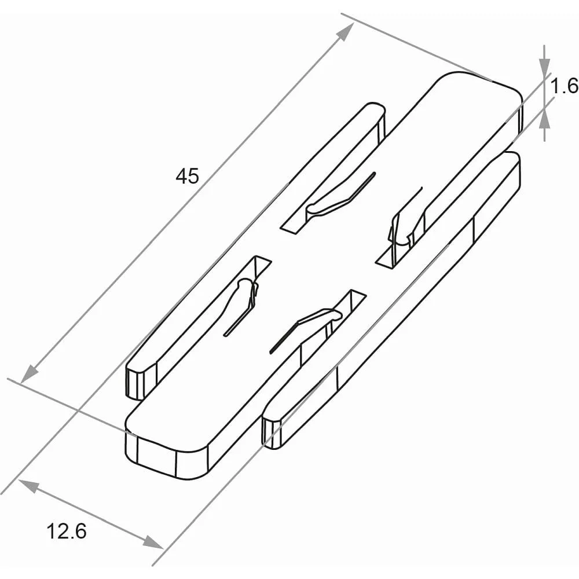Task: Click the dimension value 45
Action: click(x=187, y=176)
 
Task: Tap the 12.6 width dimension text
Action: click(x=67, y=532)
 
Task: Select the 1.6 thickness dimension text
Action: click(x=564, y=86)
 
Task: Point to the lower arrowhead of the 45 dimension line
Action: click(x=30, y=373)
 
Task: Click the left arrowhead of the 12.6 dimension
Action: click(x=28, y=486)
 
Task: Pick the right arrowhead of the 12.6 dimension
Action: click(x=153, y=542)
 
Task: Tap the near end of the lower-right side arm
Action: click(x=272, y=432)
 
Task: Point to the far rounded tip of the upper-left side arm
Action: click(x=376, y=111)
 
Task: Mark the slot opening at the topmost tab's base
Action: click(x=294, y=225)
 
